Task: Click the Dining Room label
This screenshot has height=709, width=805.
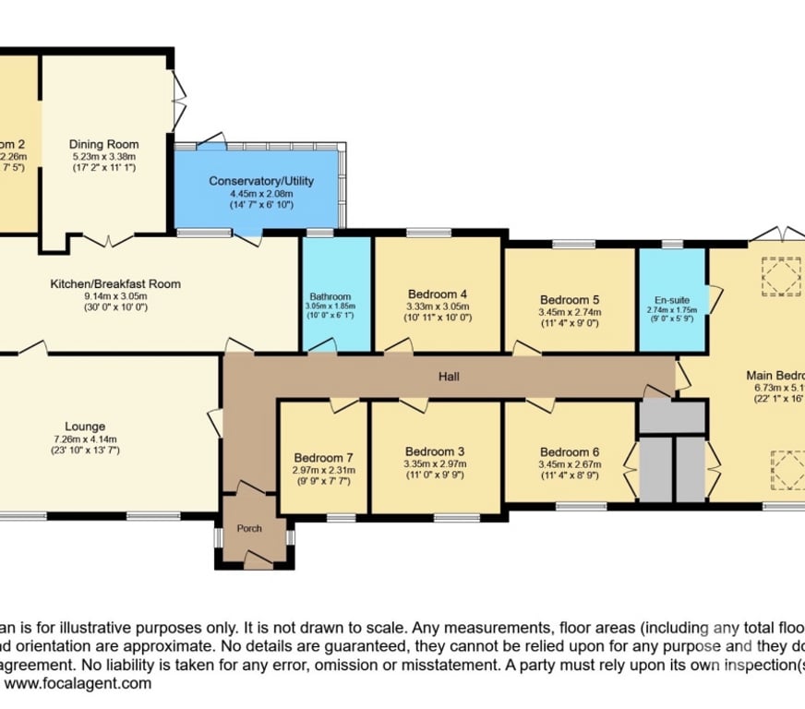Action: (x=104, y=144)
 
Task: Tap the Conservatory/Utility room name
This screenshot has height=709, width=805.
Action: (x=262, y=181)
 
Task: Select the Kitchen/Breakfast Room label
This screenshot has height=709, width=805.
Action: (x=115, y=283)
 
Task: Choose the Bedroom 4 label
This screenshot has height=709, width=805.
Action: (x=439, y=294)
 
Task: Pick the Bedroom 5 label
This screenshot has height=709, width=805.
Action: (x=570, y=300)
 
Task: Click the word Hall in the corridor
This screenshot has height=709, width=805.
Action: (x=449, y=377)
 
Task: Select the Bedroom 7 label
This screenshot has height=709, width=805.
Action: (x=323, y=457)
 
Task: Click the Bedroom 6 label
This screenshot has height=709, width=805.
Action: (x=570, y=451)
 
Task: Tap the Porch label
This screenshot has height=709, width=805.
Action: (x=249, y=529)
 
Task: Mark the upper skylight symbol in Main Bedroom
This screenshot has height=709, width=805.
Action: (x=780, y=275)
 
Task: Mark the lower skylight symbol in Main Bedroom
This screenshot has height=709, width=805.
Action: (x=787, y=468)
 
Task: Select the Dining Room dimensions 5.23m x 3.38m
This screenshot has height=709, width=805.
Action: (x=104, y=157)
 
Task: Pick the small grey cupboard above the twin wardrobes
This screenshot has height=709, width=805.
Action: (x=671, y=416)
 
